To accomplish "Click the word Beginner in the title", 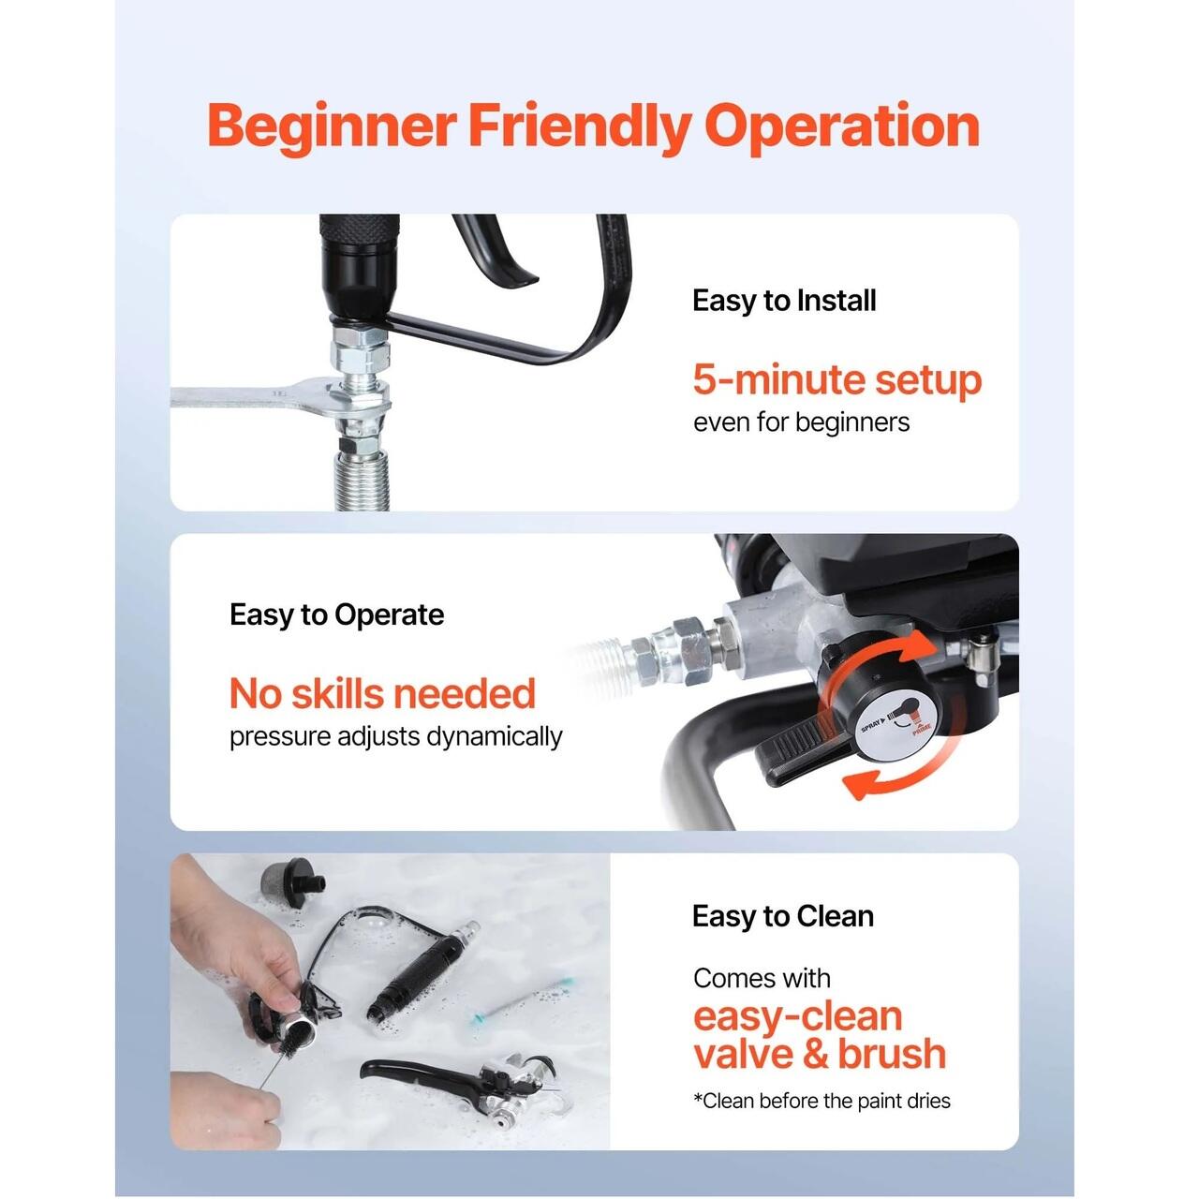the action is coord(332,127).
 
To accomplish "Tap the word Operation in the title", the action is coord(842,127).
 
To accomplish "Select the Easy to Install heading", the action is coord(784,301).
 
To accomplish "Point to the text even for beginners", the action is coord(802,422).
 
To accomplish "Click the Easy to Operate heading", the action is coord(336,614).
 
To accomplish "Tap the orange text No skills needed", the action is coord(382,693).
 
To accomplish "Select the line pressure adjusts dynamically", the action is coord(395,736).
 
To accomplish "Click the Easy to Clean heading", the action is coord(783,916).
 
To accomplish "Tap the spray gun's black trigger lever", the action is coord(494,249).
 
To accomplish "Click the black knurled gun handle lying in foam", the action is coord(414,970).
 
